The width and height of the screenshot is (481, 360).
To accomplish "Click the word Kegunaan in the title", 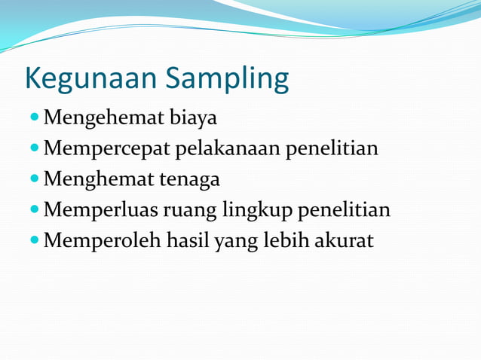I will pos(91,79).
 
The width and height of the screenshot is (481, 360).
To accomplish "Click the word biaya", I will pos(194,119).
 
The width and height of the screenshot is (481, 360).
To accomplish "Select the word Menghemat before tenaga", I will pos(99,180).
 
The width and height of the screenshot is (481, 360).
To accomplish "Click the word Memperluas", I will pos(103,210).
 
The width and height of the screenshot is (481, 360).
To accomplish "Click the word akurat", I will pos(347,241).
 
